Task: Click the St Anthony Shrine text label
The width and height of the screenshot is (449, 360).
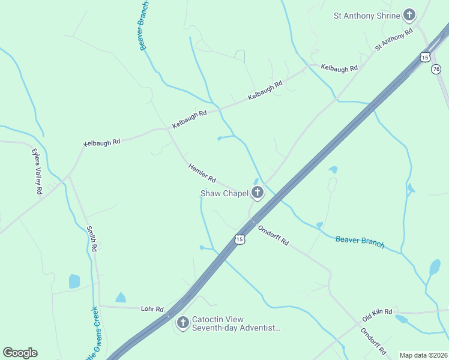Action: (x=367, y=16)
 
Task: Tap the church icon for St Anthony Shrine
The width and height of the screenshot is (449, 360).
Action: (x=409, y=15)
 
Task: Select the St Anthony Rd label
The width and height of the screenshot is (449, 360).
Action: (x=394, y=38)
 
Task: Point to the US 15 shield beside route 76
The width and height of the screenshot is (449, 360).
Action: (x=425, y=57)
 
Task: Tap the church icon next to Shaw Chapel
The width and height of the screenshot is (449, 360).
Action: (x=258, y=193)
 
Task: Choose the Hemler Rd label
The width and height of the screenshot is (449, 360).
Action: (x=202, y=173)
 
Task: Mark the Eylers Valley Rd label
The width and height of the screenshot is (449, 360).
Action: (x=37, y=171)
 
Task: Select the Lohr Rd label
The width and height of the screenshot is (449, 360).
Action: (x=152, y=309)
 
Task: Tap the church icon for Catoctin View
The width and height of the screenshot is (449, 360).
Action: (x=182, y=323)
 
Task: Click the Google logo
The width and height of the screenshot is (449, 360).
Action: (x=20, y=353)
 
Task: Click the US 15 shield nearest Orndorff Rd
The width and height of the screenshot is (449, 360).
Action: (x=240, y=239)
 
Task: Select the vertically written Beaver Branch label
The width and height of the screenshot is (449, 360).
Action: (x=144, y=26)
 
